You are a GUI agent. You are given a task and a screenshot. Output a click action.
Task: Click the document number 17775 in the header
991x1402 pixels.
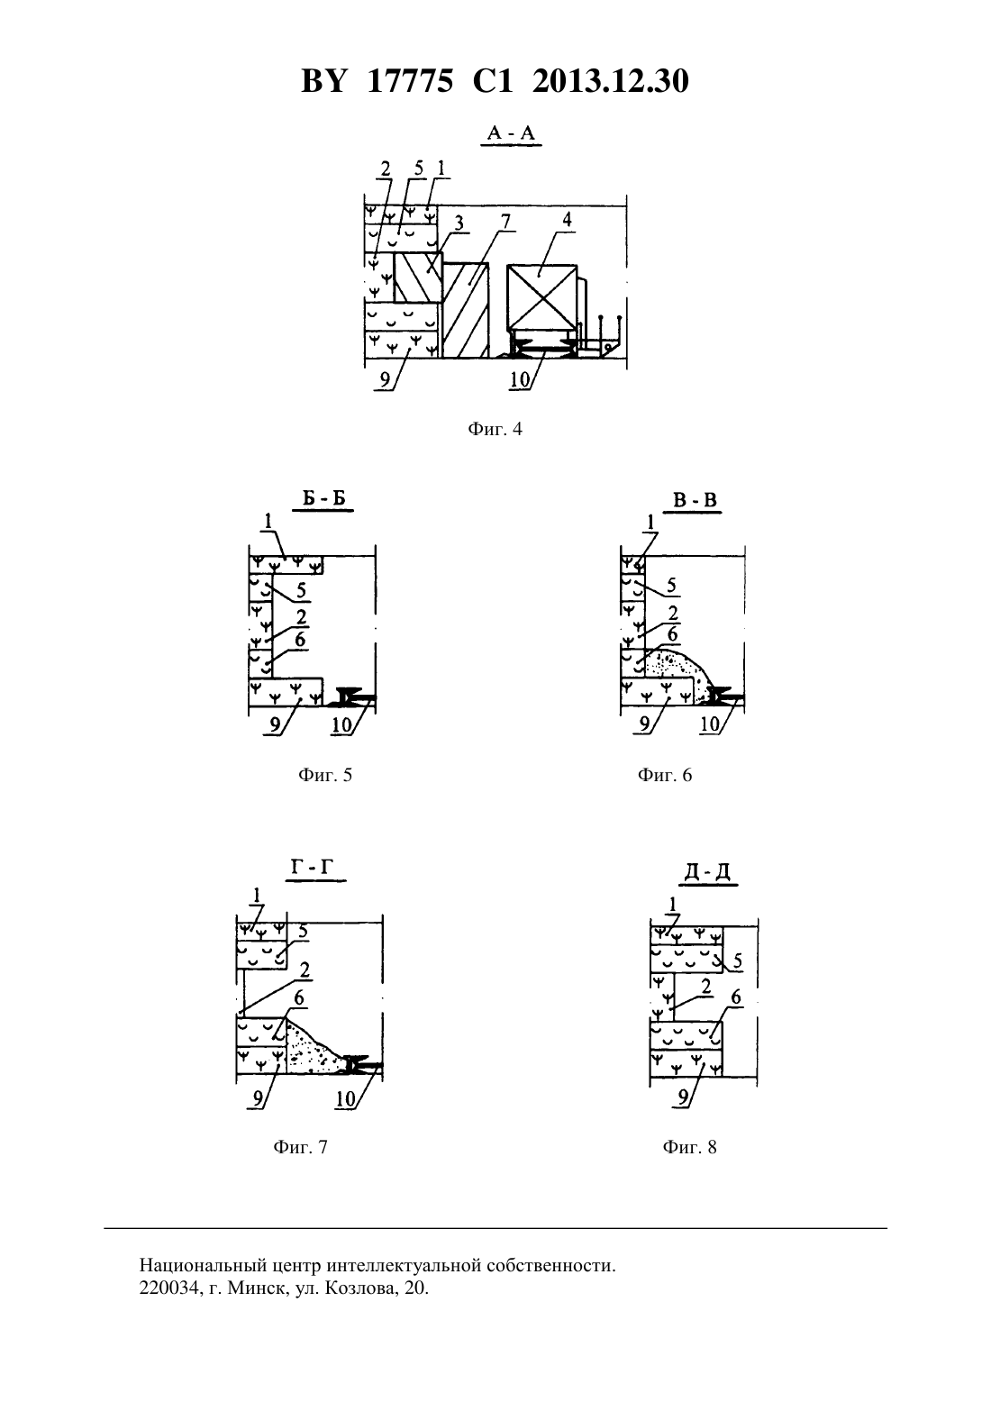(409, 81)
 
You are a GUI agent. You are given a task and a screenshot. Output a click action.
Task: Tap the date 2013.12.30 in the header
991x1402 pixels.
(610, 81)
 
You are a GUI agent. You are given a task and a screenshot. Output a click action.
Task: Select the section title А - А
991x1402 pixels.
(511, 132)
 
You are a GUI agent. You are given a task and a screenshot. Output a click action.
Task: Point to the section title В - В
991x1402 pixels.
(695, 500)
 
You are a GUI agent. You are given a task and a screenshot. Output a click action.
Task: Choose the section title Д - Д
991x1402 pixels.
(707, 872)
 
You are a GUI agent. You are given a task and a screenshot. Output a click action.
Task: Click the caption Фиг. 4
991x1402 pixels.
(495, 430)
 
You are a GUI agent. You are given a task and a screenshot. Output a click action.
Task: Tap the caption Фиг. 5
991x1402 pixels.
(325, 776)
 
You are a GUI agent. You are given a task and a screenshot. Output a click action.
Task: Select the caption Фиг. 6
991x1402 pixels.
(665, 776)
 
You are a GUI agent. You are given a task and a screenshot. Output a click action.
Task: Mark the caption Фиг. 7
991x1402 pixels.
(300, 1147)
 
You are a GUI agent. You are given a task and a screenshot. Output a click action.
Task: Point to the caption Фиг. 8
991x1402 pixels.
(689, 1147)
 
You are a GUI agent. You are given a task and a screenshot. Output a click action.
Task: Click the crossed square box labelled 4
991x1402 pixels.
(541, 296)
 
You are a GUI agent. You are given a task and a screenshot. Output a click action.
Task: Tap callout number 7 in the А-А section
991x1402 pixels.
(505, 222)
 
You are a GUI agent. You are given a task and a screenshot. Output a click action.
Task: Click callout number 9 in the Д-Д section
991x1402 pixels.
(683, 1097)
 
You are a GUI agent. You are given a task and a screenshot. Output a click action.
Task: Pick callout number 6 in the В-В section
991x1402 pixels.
(673, 634)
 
